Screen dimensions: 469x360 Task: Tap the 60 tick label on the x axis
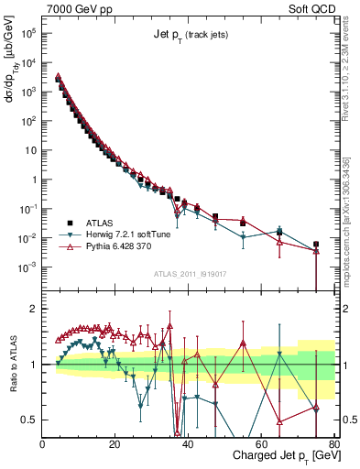261,444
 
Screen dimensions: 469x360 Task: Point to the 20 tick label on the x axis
115,444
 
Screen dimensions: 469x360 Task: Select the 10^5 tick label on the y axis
27,33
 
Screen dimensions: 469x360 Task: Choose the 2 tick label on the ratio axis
35,308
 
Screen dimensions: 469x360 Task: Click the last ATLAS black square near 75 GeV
315,245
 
